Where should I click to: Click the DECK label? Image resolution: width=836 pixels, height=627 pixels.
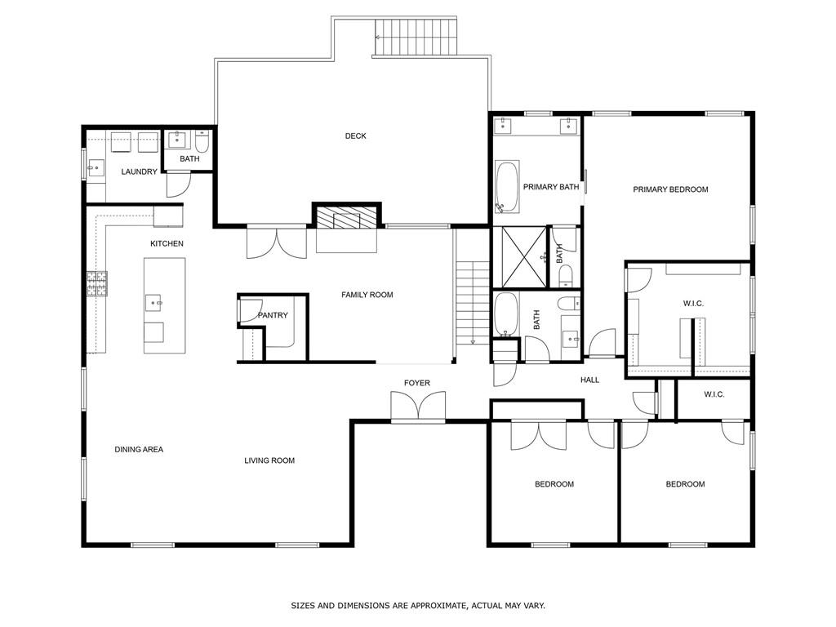coord(355,136)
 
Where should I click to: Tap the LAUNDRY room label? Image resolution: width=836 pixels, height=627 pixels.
coord(139,171)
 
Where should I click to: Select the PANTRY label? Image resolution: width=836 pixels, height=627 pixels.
coord(271,315)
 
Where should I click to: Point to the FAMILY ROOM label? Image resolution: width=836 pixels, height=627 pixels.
coord(367,295)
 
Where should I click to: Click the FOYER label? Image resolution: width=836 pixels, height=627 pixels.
coord(416,383)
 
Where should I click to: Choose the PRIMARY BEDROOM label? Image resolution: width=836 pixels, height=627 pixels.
coord(670,189)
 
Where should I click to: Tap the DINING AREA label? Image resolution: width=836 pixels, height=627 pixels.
coord(139,449)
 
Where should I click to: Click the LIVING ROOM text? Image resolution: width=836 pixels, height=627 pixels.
coord(269,460)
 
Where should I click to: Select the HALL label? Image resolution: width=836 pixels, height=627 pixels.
coord(589,380)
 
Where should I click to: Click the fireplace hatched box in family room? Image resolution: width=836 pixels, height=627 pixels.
coord(347,217)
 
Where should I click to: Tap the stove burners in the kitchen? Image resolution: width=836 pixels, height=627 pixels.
coord(97,283)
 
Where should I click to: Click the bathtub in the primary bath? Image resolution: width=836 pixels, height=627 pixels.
coord(506,187)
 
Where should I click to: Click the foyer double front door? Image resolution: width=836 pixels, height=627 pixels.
coord(418,406)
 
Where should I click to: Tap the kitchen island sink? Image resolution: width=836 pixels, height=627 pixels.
coord(154,303)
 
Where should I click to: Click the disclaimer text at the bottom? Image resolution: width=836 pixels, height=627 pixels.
coord(418,606)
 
